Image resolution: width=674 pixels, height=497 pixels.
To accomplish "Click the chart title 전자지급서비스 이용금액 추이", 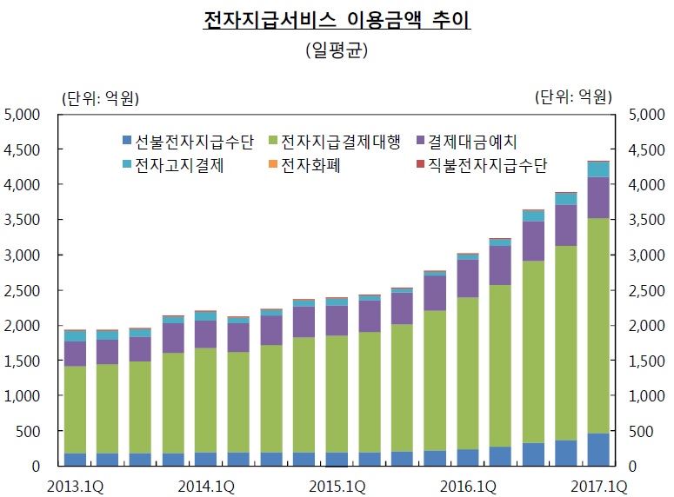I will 337,20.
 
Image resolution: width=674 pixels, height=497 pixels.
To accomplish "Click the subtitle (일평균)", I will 337,50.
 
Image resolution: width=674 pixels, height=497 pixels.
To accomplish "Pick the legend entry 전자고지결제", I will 174,165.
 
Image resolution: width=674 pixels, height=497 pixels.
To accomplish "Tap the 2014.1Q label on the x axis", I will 206,485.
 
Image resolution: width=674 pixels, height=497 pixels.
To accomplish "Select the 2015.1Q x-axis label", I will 337,485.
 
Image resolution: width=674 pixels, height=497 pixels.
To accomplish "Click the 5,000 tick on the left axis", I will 23,115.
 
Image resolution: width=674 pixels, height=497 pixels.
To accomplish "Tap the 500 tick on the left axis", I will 30,431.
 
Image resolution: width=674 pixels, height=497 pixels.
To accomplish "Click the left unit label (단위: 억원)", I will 99,96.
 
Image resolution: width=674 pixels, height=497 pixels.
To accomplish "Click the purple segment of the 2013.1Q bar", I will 75,354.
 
